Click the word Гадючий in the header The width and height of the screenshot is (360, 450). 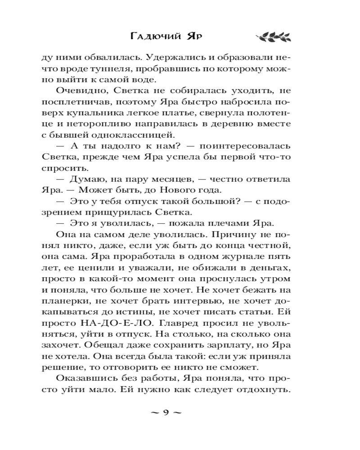pyautogui.click(x=153, y=36)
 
